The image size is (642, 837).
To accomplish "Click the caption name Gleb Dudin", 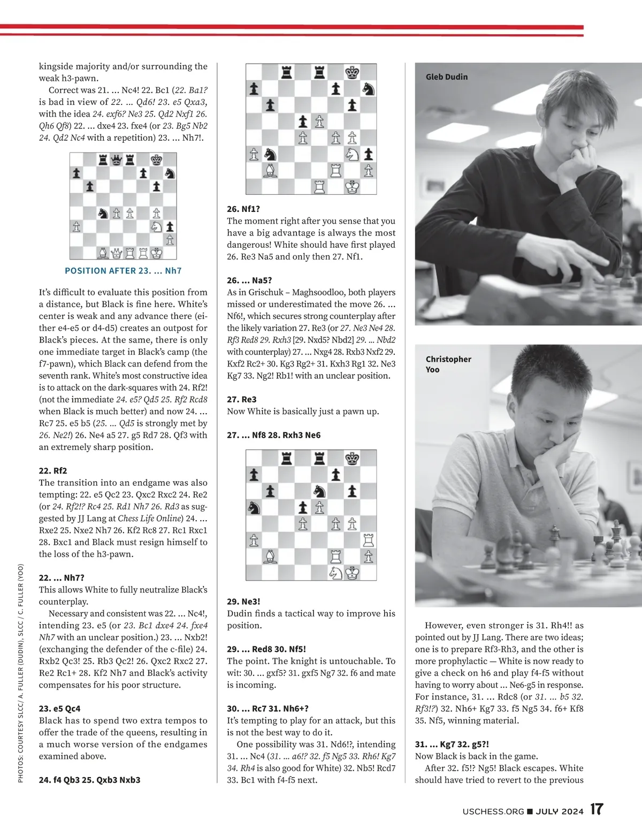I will [x=446, y=77].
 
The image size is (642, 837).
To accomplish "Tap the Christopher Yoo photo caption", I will [x=448, y=364].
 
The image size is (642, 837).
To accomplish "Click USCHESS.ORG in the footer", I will [x=493, y=811].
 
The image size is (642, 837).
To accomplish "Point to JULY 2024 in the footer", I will [x=560, y=811].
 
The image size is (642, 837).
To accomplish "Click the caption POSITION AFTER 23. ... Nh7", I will [x=123, y=271].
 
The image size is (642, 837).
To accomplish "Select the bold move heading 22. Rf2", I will [x=53, y=471].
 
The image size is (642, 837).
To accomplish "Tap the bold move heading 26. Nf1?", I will [x=243, y=209].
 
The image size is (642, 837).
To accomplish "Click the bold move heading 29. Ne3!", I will [x=243, y=602].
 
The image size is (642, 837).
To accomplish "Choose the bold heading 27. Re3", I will [x=242, y=400].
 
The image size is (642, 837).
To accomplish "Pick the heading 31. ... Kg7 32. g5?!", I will [x=452, y=744].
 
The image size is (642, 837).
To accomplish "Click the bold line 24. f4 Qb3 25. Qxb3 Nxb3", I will [x=89, y=780].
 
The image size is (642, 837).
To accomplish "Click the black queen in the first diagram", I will [x=116, y=159].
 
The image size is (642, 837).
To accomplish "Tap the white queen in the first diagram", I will [x=116, y=253].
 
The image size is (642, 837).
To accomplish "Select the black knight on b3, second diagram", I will [x=270, y=155].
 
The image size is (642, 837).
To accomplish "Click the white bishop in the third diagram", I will [x=270, y=557].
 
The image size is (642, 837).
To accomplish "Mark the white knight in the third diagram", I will [x=335, y=573].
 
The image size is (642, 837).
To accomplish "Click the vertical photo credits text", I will [x=20, y=674].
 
